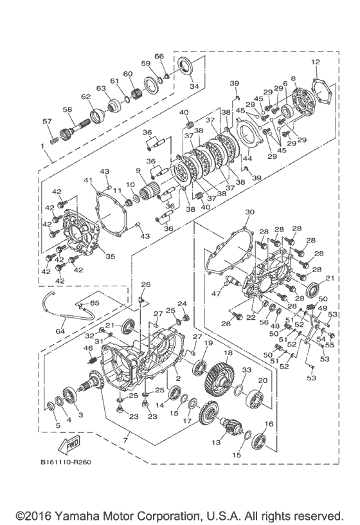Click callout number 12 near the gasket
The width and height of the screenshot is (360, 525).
315,62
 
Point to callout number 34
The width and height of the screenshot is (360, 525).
194,86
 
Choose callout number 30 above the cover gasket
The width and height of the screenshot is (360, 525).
249,212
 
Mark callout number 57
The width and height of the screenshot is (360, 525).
46,122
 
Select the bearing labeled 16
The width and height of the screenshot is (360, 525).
260,441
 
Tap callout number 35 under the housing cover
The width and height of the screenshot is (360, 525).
110,256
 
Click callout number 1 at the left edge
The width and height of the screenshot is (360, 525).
42,147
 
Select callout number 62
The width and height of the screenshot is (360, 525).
85,97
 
